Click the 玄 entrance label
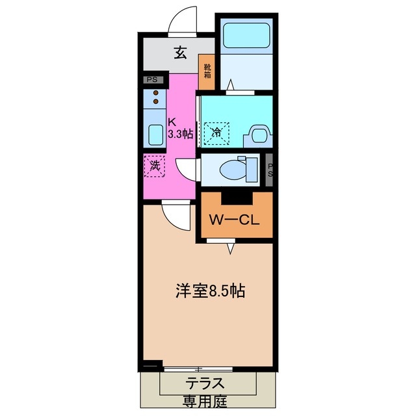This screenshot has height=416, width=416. click(181, 53)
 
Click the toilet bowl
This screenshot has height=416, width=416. click(233, 170)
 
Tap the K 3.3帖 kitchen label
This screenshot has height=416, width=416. click(178, 127)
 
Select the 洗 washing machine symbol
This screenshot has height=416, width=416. click(155, 166)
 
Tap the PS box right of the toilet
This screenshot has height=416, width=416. click(270, 170)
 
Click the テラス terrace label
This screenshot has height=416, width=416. click(206, 383)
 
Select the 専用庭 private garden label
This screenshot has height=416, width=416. click(206, 402)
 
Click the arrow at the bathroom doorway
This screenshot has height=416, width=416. click(231, 84)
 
